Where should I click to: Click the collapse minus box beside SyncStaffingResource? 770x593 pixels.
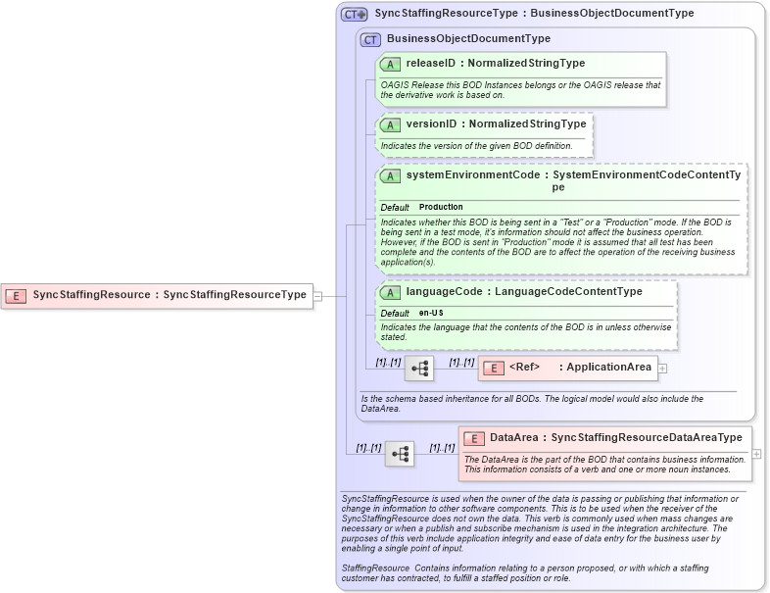tap(317, 295)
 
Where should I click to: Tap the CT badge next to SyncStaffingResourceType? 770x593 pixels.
tap(355, 14)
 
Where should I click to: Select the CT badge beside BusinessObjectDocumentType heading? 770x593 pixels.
tap(370, 39)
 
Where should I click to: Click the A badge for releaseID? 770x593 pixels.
tap(390, 64)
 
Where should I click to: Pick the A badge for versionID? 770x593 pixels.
tap(390, 124)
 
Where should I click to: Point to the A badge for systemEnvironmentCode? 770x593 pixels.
tap(390, 175)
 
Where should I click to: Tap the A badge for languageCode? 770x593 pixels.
tap(390, 292)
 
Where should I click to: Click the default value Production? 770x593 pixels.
tap(441, 208)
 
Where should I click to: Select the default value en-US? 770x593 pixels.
tap(432, 313)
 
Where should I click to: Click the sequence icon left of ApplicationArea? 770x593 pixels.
tap(419, 369)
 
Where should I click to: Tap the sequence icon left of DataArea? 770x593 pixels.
tap(400, 454)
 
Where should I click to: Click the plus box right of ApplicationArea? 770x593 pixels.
tap(663, 369)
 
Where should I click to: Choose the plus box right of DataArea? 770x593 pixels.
tap(756, 454)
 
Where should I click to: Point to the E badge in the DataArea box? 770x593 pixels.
tap(474, 438)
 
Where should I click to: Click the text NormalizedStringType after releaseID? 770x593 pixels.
tap(527, 64)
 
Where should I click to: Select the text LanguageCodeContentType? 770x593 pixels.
tap(568, 292)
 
